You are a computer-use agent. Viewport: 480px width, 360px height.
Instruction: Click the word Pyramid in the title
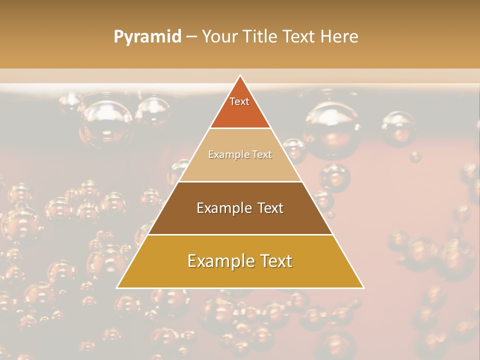(147, 37)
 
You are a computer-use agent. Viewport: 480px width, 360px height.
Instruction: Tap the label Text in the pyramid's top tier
(239, 101)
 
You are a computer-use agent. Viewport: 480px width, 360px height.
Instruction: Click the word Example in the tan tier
(225, 154)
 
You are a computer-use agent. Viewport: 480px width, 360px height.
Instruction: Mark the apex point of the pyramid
(240, 76)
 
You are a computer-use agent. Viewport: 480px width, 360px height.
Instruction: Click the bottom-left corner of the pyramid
(117, 287)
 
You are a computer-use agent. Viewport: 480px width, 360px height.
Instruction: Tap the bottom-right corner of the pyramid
(363, 287)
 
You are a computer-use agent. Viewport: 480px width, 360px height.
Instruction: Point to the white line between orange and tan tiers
(240, 128)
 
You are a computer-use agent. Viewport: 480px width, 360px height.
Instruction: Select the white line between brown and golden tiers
(240, 234)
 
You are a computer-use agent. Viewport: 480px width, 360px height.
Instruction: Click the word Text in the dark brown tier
(267, 208)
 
